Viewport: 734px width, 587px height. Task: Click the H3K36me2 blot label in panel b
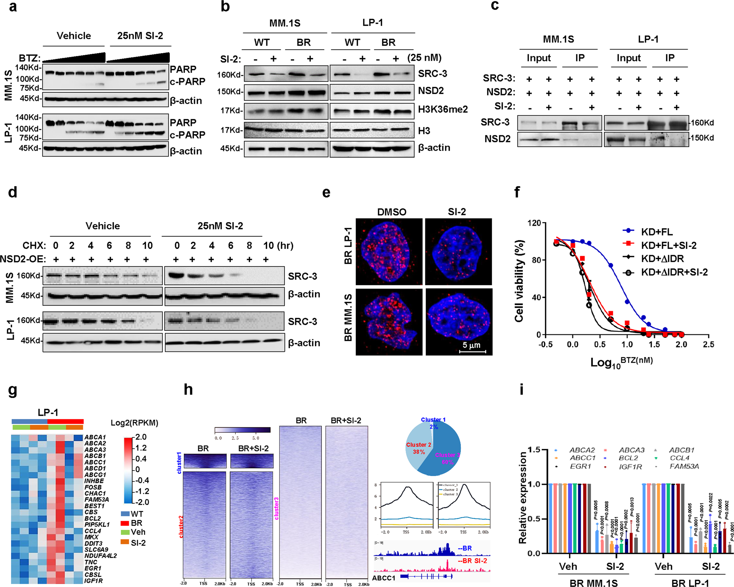pyautogui.click(x=443, y=109)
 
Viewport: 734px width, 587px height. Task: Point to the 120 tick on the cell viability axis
pyautogui.click(x=534, y=223)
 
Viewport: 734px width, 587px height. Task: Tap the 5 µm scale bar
pyautogui.click(x=472, y=351)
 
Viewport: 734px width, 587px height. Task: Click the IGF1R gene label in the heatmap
pyautogui.click(x=94, y=581)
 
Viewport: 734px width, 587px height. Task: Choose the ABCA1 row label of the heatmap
pyautogui.click(x=95, y=437)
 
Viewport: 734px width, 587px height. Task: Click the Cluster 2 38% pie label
pyautogui.click(x=419, y=448)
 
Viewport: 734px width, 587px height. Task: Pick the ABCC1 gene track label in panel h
pyautogui.click(x=384, y=578)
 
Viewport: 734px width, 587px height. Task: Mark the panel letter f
pyautogui.click(x=517, y=192)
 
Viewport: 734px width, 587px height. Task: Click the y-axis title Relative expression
pyautogui.click(x=522, y=498)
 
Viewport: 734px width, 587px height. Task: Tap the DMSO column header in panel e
pyautogui.click(x=391, y=212)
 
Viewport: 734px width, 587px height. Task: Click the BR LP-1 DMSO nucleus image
pyautogui.click(x=389, y=251)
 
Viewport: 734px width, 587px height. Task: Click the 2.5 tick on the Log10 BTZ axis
pyautogui.click(x=708, y=345)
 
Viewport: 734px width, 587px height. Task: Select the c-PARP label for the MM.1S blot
pyautogui.click(x=187, y=82)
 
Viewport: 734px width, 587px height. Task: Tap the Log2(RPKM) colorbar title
pyautogui.click(x=134, y=423)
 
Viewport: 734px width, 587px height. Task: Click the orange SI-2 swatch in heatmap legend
pyautogui.click(x=125, y=542)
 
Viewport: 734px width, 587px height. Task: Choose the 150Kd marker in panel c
pyautogui.click(x=702, y=138)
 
